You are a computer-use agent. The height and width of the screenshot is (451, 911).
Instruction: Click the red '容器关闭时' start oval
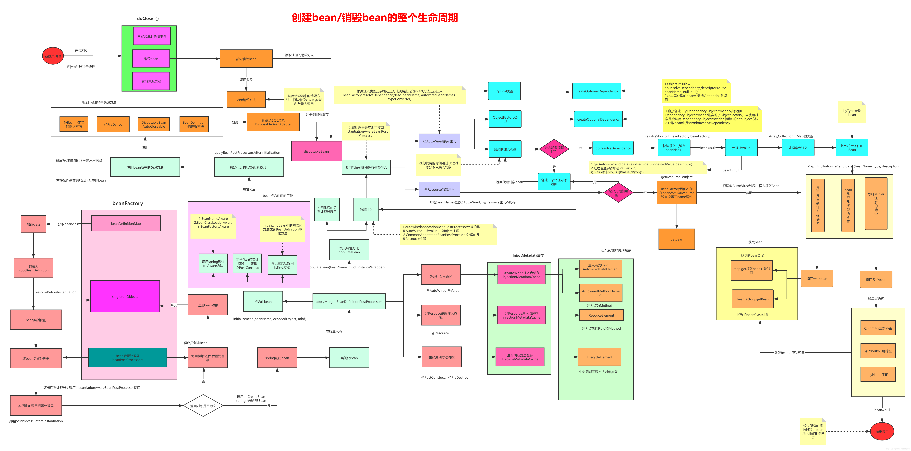[53, 56]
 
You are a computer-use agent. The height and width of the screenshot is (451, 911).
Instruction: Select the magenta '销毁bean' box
[151, 59]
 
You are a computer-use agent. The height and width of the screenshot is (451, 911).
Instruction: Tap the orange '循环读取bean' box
[246, 59]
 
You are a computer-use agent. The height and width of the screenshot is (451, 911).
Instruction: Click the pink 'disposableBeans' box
[316, 151]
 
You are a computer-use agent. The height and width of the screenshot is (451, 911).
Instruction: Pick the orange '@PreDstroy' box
[113, 124]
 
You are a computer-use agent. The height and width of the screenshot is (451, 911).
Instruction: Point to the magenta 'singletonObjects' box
[125, 297]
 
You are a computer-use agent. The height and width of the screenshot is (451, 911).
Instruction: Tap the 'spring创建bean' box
[277, 358]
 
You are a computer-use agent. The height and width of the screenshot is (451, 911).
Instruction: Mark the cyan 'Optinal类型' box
[504, 91]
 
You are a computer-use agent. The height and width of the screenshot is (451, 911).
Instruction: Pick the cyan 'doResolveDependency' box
[613, 148]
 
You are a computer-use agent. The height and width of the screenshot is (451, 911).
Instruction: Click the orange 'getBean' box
[677, 239]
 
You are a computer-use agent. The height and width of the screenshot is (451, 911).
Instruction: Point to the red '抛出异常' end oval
[882, 432]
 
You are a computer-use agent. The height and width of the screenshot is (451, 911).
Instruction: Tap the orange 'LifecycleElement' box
[599, 357]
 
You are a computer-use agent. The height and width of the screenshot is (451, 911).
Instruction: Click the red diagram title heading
[375, 17]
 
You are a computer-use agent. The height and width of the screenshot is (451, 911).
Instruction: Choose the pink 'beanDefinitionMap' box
[126, 223]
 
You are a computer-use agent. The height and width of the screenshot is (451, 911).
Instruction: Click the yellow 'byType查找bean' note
[852, 113]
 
